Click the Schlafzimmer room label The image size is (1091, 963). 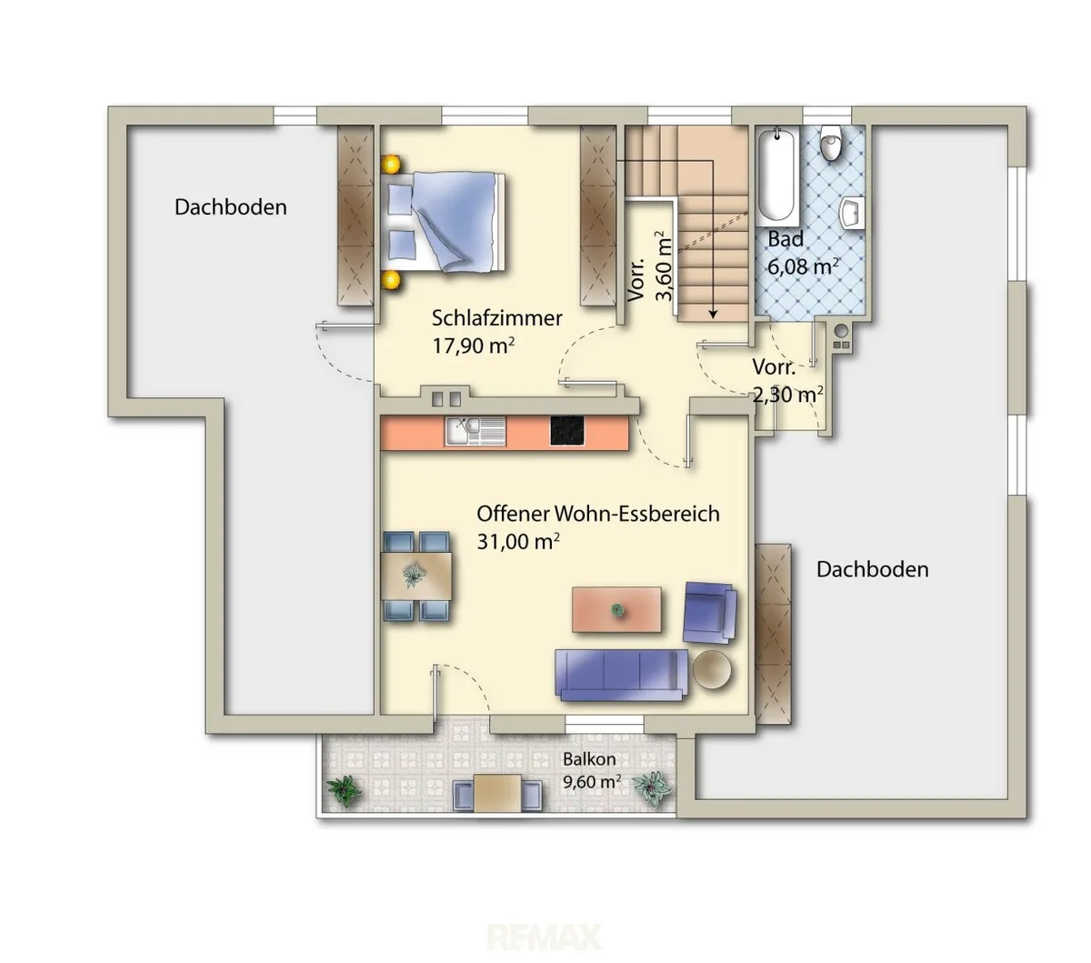pos(496,318)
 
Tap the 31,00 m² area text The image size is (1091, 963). pos(517,541)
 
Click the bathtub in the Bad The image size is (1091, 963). pos(776,176)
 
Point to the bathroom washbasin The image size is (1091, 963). pos(853,213)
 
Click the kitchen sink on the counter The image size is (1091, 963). pos(475,431)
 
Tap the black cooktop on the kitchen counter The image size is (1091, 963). pos(566,431)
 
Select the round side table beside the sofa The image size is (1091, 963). pos(711,669)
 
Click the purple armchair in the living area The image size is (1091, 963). pos(710,612)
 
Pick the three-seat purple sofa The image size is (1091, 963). pos(621,675)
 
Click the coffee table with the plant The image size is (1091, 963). pos(616,609)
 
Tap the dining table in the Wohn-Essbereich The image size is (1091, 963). pos(415,576)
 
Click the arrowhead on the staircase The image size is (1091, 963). pos(713,314)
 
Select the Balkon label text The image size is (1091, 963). pos(589,759)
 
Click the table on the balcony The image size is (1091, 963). pos(497,792)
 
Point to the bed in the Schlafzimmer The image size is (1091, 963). pos(445,221)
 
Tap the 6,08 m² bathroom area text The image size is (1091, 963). pos(803,266)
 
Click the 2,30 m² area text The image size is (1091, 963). pos(787,395)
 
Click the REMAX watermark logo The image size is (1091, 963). pos(545,938)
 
